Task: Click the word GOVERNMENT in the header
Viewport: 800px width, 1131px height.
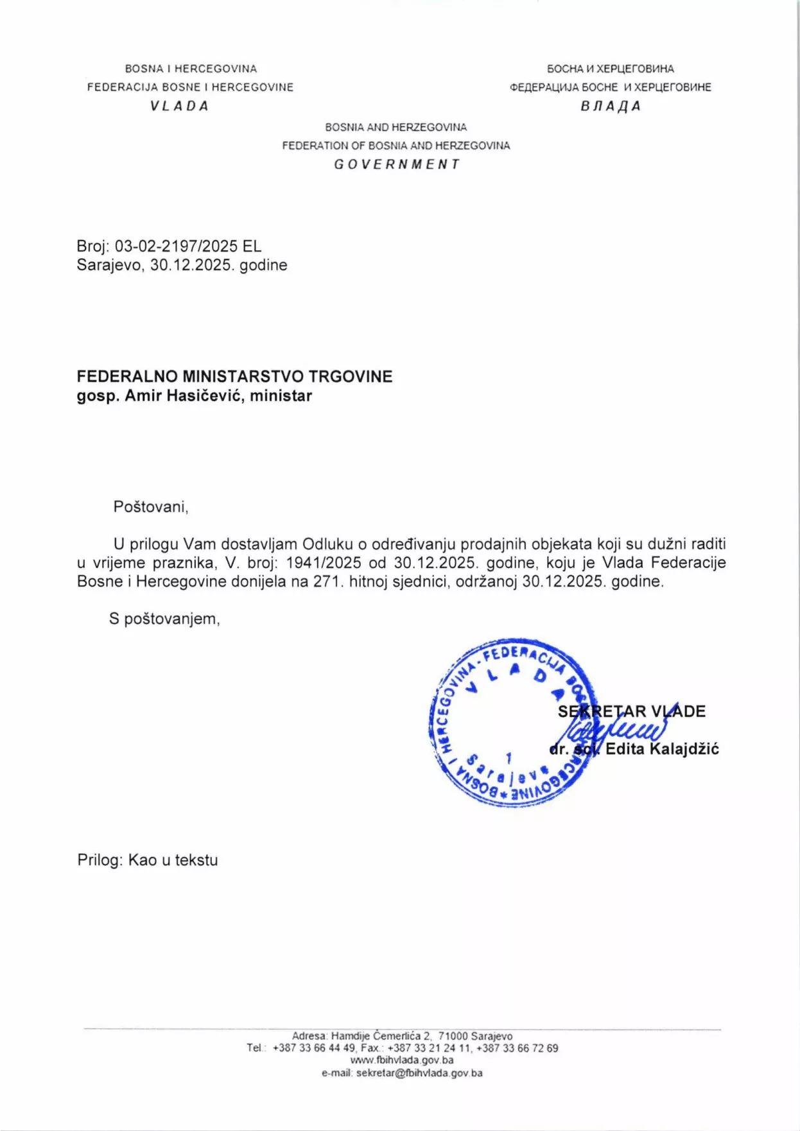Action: [397, 164]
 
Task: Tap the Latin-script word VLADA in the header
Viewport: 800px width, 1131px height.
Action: [180, 107]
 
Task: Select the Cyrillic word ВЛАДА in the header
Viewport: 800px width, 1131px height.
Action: [611, 107]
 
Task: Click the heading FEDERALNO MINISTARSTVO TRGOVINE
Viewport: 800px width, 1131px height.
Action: [234, 377]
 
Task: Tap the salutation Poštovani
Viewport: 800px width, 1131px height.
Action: [150, 507]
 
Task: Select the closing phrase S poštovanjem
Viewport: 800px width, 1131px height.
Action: [164, 619]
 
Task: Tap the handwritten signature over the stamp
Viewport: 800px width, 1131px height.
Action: [616, 732]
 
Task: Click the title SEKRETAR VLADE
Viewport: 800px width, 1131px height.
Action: [632, 711]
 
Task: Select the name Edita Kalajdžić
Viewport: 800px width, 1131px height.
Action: [662, 749]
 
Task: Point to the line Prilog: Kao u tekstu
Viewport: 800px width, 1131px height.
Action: [148, 860]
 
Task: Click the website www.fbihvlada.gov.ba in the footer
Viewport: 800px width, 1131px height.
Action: [402, 1060]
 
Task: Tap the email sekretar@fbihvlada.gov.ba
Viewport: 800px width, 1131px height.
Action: [419, 1073]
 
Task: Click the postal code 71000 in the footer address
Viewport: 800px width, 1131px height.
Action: [453, 1036]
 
